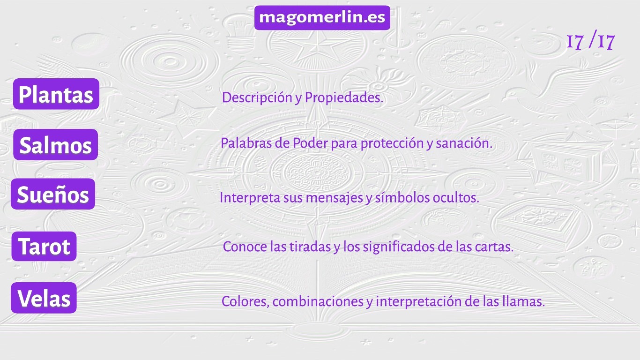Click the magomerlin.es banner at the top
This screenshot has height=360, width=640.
pos(322,18)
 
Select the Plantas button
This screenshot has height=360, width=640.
pos(56,94)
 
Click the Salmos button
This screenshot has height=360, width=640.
pos(55,145)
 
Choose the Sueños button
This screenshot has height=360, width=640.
pos(53,194)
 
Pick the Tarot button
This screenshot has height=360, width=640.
pos(44,247)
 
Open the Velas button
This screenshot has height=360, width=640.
pos(44,298)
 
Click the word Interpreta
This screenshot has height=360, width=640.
pos(250,198)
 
